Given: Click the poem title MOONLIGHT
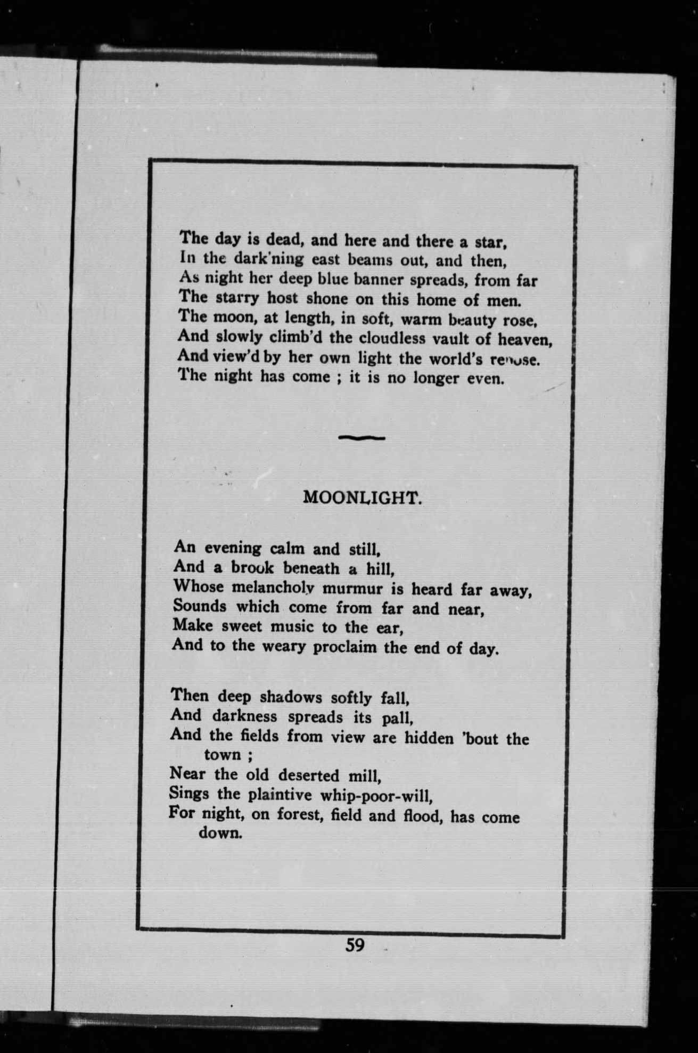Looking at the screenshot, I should point(363,497).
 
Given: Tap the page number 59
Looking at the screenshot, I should point(355,945).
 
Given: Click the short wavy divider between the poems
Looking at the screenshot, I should point(362,438).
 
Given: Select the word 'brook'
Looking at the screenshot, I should point(252,568).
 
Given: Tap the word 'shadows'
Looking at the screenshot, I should point(291,697).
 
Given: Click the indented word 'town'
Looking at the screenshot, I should point(223,755).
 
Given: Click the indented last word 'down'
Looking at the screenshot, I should point(220,832).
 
